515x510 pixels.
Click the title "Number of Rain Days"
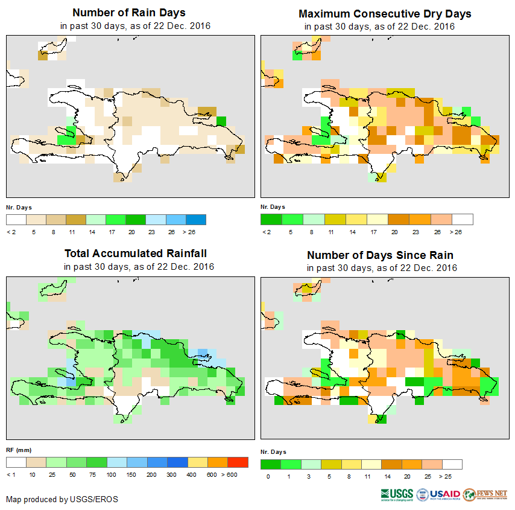[x=128, y=13]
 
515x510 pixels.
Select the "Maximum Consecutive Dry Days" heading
[x=385, y=13]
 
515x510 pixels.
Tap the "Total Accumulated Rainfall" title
[x=139, y=253]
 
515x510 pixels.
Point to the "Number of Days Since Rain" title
[x=380, y=255]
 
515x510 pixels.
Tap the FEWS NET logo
[x=485, y=494]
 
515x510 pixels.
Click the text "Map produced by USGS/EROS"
[x=62, y=499]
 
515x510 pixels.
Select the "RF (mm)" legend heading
[x=19, y=450]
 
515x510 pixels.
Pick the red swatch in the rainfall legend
[x=238, y=462]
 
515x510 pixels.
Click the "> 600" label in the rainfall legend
[x=238, y=474]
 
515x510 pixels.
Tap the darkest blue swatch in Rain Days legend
[x=195, y=219]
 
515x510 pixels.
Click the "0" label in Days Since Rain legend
[x=267, y=477]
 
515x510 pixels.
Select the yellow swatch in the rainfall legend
[x=197, y=462]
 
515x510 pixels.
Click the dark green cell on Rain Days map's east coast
[x=221, y=121]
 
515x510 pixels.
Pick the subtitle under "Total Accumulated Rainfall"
[x=139, y=266]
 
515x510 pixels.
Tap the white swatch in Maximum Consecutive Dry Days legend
[x=463, y=219]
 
